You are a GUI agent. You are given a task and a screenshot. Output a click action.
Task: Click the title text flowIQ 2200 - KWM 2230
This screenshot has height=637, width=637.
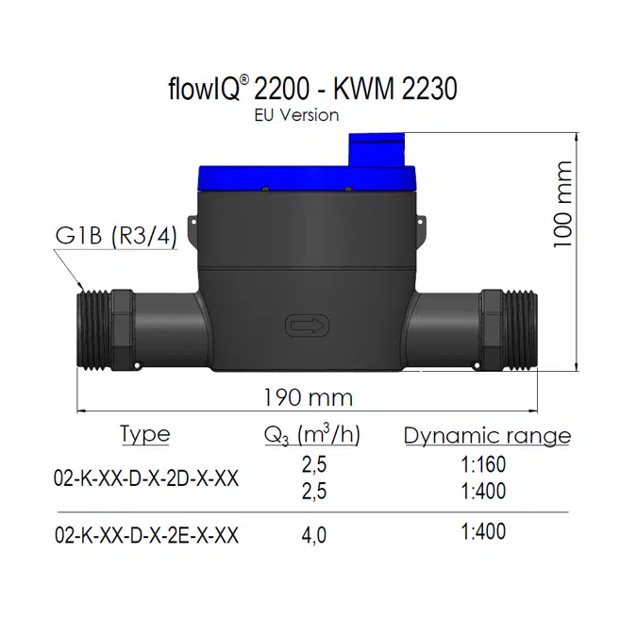coord(310,89)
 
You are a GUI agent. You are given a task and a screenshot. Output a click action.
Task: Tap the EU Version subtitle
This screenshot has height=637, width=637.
coord(296,115)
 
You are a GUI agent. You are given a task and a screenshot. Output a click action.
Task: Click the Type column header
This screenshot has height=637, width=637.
coord(144,434)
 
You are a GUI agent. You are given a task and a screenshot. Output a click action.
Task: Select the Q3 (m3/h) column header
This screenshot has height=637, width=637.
coord(312,435)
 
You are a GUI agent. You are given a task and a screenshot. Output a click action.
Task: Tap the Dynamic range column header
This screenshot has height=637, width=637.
coord(487,435)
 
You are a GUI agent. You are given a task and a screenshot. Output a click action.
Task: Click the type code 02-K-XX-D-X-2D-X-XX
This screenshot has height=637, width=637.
coord(146,478)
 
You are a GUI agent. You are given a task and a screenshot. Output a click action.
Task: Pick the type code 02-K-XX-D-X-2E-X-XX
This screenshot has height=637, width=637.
coord(146,535)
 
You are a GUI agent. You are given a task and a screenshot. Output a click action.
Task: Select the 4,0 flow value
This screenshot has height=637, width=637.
coord(313,535)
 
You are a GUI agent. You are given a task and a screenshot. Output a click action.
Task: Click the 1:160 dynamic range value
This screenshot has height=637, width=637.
coord(484,464)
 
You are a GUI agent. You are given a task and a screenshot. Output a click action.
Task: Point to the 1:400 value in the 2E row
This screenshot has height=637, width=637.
coord(484,532)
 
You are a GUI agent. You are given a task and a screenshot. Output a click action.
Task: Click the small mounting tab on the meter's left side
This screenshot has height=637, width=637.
coord(191,229)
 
